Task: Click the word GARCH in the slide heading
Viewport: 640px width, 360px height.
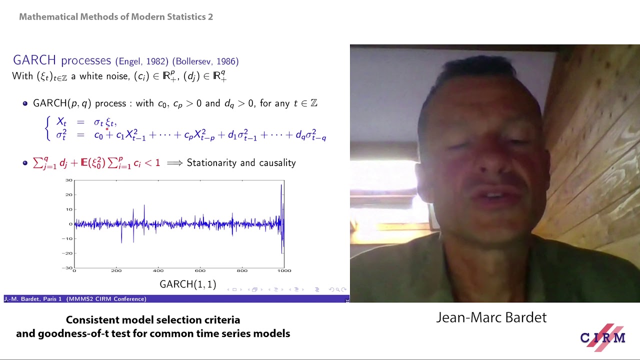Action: click(x=34, y=60)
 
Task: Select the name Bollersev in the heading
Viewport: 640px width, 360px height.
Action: click(x=194, y=61)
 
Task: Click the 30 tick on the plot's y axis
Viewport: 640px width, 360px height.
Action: click(x=69, y=180)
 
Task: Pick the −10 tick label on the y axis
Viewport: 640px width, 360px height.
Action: click(x=67, y=238)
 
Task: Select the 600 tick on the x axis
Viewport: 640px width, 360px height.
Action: click(x=200, y=270)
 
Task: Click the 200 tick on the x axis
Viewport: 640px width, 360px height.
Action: click(x=116, y=270)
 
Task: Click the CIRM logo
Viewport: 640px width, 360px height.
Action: click(x=602, y=337)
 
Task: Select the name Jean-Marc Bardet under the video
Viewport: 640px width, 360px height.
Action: click(x=491, y=317)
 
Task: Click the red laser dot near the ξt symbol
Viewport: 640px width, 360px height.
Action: click(x=107, y=128)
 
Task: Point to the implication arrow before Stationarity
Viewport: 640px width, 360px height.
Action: click(x=174, y=163)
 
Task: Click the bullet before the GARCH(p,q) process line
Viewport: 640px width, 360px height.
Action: click(x=25, y=103)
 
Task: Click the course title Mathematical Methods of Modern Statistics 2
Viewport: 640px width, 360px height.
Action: click(x=116, y=17)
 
